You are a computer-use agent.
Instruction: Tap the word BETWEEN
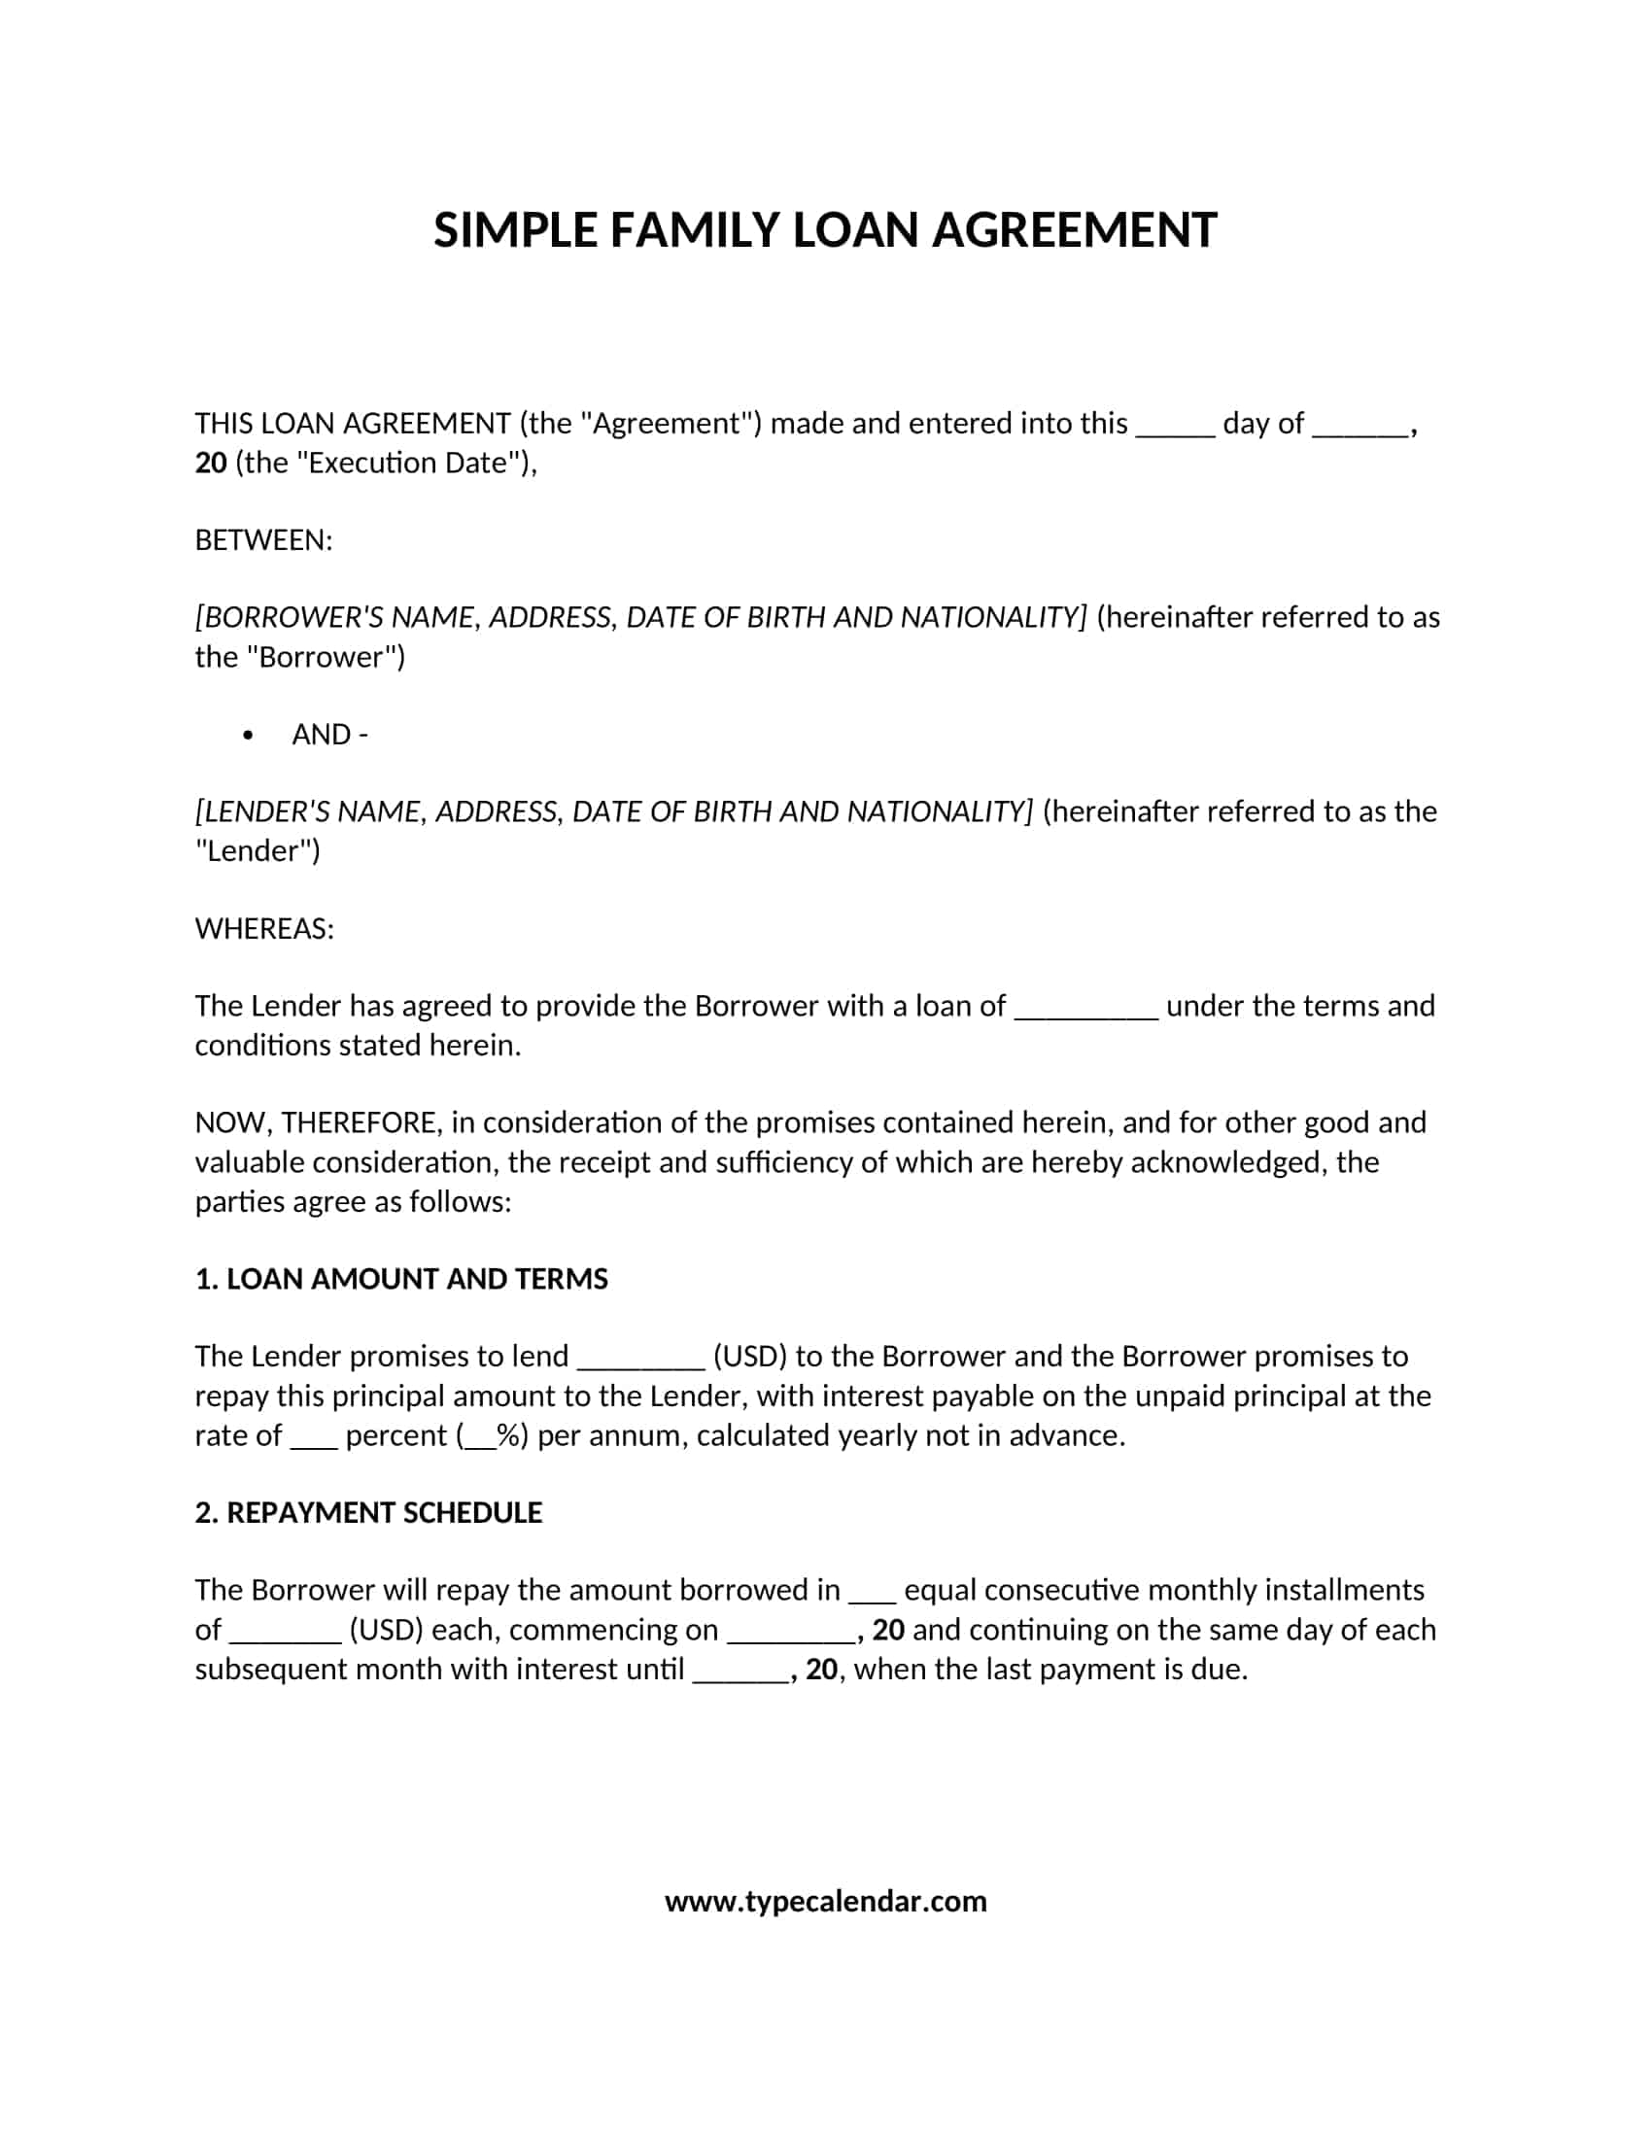coord(263,540)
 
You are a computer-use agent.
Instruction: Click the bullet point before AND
coord(248,736)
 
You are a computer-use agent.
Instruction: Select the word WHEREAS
coord(263,929)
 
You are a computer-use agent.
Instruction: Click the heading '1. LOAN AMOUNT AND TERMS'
coord(401,1280)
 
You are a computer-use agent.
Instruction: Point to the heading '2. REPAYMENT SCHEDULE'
coord(368,1512)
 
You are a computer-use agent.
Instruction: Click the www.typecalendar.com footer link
coord(825,1901)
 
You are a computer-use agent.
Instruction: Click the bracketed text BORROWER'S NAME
coord(338,618)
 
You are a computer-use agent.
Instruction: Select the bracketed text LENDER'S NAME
coord(312,811)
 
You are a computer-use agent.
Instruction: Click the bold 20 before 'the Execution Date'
coord(212,463)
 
